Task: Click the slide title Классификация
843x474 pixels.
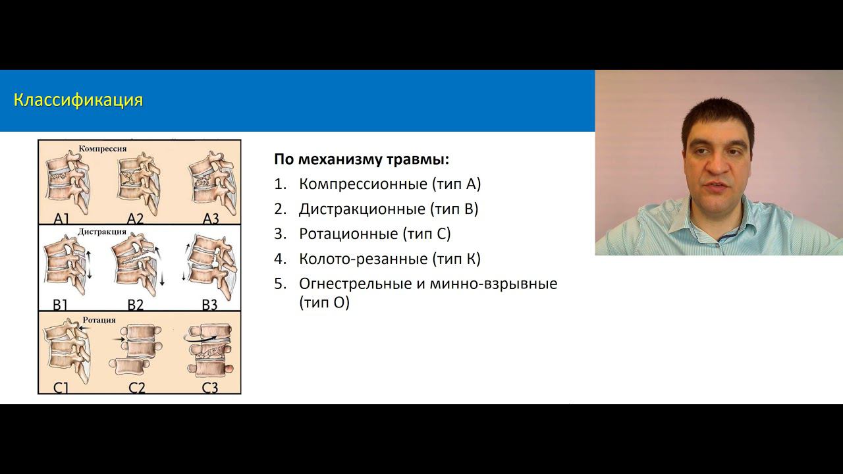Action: (x=78, y=101)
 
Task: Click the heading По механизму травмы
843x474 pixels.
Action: (x=362, y=159)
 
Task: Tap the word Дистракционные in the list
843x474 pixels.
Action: (x=362, y=209)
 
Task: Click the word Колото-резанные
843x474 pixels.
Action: (x=363, y=259)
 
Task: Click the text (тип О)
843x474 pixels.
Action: (x=324, y=303)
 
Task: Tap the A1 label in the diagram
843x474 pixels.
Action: (x=61, y=219)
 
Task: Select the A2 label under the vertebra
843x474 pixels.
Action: (x=135, y=219)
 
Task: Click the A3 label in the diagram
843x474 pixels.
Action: (x=210, y=219)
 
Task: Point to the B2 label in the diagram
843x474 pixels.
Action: (x=135, y=304)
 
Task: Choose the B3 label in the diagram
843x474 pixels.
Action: (x=209, y=304)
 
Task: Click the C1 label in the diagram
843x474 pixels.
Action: (x=61, y=387)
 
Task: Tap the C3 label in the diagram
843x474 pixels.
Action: (x=209, y=387)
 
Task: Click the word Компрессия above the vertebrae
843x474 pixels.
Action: (x=103, y=149)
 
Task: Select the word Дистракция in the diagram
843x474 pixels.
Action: (x=102, y=232)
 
